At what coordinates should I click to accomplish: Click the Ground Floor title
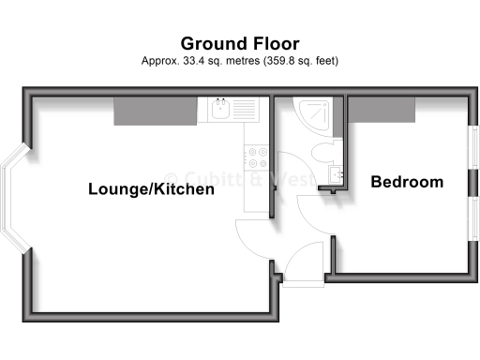pos(240,43)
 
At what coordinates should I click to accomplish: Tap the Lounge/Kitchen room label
pos(152,188)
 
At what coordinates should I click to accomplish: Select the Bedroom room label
pos(407,182)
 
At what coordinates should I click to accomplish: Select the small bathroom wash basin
pos(335,174)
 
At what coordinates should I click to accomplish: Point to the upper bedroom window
pos(473,150)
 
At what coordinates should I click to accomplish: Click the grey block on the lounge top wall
pos(156,110)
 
